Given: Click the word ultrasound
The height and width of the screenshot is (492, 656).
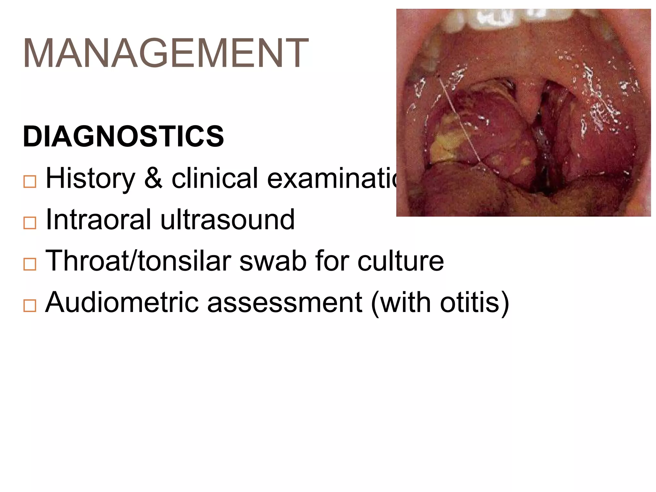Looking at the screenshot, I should point(227,220).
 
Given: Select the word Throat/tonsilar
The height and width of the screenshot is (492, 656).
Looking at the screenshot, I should point(138,261).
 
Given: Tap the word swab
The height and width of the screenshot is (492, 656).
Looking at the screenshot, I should point(273,261).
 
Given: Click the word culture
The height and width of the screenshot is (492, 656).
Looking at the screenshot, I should point(400,261).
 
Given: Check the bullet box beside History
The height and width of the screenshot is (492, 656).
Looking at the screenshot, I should point(30,182).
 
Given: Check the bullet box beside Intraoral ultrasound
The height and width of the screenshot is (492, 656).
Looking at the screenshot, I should point(30,223).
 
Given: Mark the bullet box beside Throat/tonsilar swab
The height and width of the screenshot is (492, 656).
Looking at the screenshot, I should point(30,264).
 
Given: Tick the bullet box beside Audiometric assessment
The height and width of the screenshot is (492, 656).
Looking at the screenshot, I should point(30,306).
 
